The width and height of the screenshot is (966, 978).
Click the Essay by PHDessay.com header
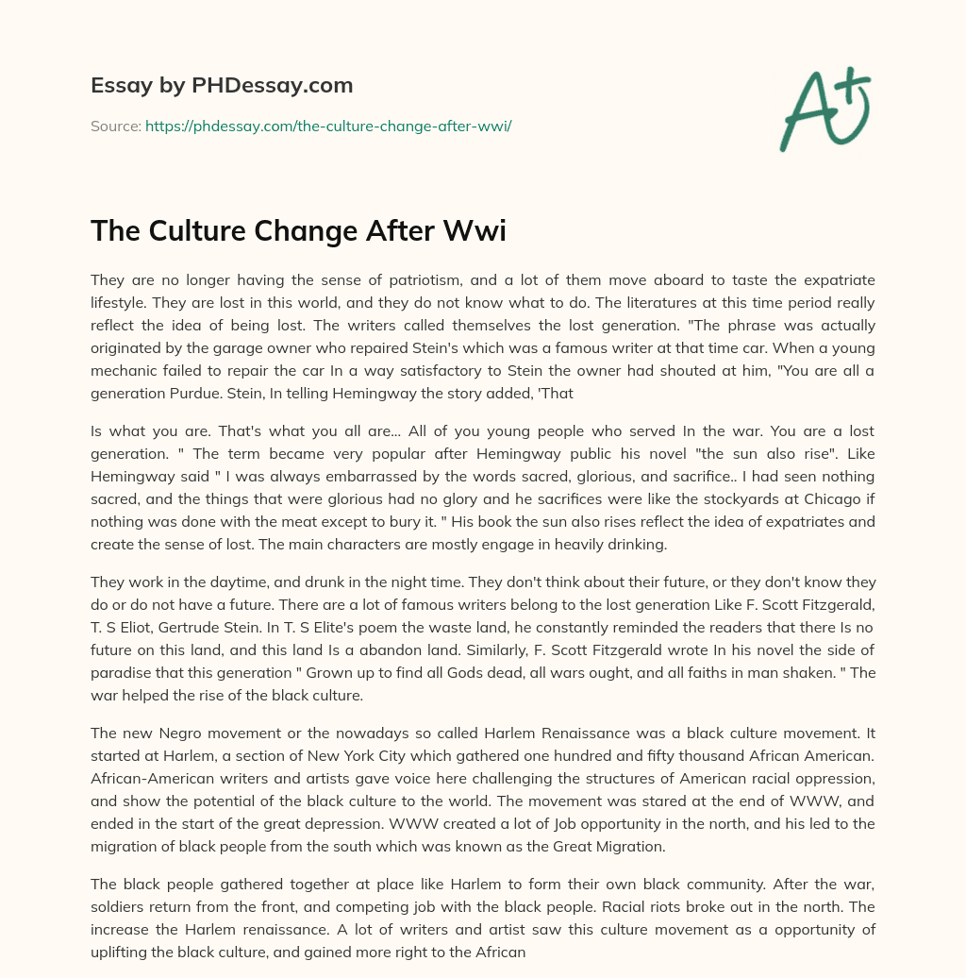coord(222,86)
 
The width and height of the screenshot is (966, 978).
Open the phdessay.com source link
coord(328,126)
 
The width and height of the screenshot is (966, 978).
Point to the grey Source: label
coord(116,126)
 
